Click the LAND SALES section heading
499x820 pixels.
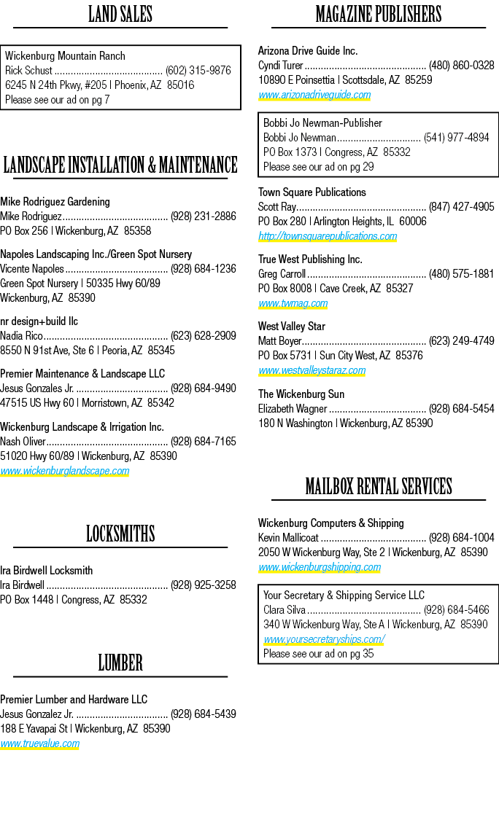[x=120, y=14]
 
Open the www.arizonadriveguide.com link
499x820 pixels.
[x=314, y=95]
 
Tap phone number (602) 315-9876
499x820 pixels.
[x=198, y=71]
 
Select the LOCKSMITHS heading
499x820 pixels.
[x=120, y=534]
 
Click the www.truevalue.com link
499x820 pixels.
[x=40, y=743]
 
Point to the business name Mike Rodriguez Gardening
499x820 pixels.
[x=55, y=202]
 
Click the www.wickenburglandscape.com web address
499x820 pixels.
[x=64, y=471]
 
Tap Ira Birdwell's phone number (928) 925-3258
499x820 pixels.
[x=203, y=585]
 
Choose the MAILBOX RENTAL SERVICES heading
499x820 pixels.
[x=379, y=486]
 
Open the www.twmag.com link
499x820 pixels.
[x=293, y=303]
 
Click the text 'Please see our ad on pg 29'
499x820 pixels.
[x=318, y=167]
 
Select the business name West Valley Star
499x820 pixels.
[x=292, y=327]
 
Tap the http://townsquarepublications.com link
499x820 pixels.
[x=328, y=236]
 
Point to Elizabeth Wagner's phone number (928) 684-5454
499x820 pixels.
[x=461, y=408]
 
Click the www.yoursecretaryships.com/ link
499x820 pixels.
[x=324, y=639]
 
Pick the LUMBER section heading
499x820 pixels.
[x=120, y=663]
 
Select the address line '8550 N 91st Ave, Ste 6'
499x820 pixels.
[x=48, y=351]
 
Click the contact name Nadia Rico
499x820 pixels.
[x=21, y=336]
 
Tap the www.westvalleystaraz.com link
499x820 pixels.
[x=312, y=370]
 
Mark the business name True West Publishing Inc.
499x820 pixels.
[x=310, y=259]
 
